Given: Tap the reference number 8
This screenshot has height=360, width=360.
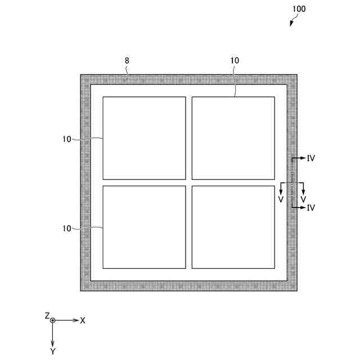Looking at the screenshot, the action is pos(127,60).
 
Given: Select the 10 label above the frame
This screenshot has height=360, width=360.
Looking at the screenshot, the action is pos(235,60).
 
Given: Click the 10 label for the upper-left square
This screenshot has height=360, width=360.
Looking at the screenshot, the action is pos(67,139).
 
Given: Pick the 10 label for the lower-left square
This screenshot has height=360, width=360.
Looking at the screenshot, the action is pos(67,228).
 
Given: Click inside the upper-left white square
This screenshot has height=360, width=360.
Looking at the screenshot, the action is pos(144,138).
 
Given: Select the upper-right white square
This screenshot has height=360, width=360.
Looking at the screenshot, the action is pos(233,138).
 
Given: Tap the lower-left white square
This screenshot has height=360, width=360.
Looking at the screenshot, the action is pos(144,227).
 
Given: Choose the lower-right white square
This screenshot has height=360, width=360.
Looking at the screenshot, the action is pos(233,227).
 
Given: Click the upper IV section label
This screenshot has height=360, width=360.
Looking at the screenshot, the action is pos(311,159).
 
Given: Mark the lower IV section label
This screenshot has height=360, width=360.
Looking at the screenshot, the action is pos(311,208).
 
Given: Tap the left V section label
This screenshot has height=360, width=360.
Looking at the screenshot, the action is pos(281,199).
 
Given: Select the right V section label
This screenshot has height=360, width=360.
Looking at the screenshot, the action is pos(303,199).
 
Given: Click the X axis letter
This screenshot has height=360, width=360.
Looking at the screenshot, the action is pos(83,320).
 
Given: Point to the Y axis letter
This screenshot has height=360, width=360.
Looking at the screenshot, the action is pos(52,351).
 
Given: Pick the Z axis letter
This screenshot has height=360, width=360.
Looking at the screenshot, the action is pos(47,316).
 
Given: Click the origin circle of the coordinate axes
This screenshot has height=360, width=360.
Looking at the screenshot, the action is pos(52,320).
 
